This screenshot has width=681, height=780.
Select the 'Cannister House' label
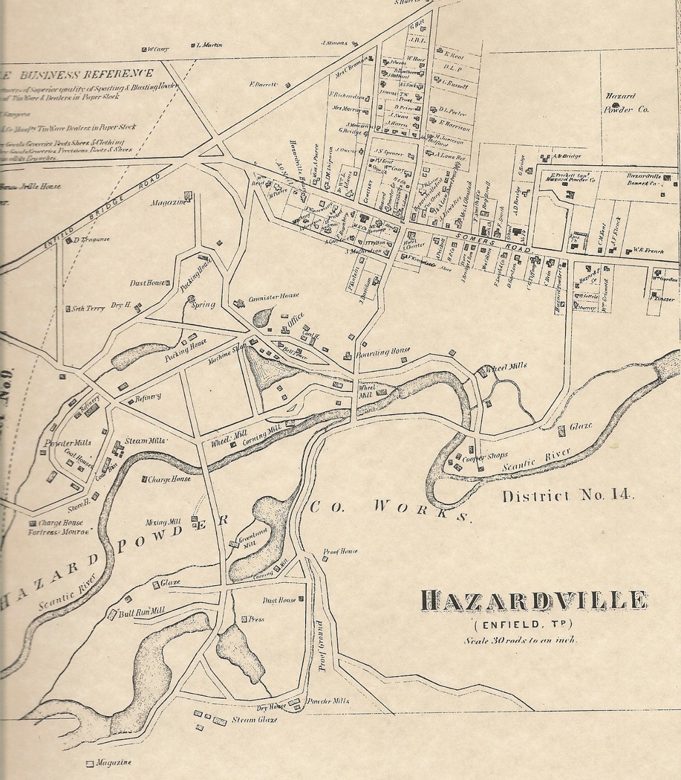(272, 296)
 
